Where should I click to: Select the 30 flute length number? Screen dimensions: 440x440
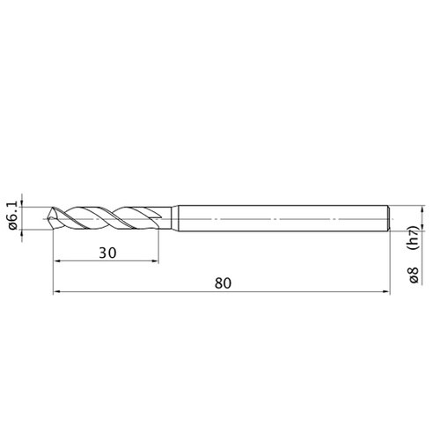[x=107, y=253]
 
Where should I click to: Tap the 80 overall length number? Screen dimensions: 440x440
[x=223, y=283]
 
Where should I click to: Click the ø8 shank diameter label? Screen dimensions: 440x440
[x=414, y=275]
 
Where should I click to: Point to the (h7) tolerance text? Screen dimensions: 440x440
[x=414, y=238]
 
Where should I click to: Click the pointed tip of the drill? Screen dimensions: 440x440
[x=48, y=218]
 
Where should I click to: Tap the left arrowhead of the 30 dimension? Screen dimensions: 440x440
[x=57, y=260]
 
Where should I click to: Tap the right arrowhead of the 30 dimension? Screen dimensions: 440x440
[x=155, y=260]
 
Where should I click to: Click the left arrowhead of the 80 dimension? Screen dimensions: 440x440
[x=57, y=291]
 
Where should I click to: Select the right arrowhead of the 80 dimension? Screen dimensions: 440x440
[x=386, y=291]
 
